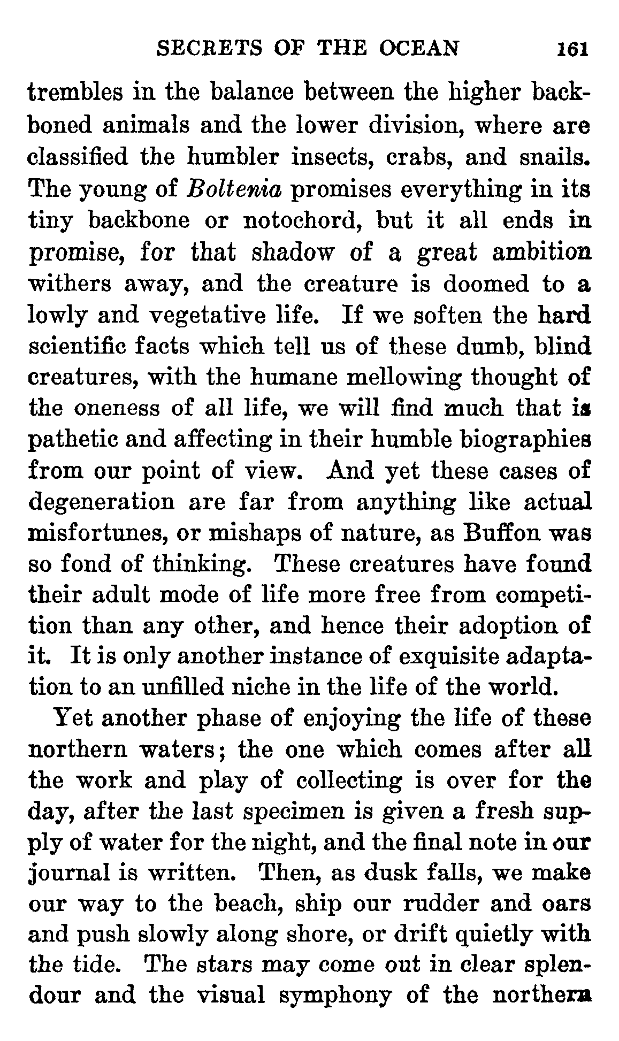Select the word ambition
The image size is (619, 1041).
[x=541, y=252]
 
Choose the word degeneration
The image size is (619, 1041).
[x=101, y=503]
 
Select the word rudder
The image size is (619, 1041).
[x=421, y=904]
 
